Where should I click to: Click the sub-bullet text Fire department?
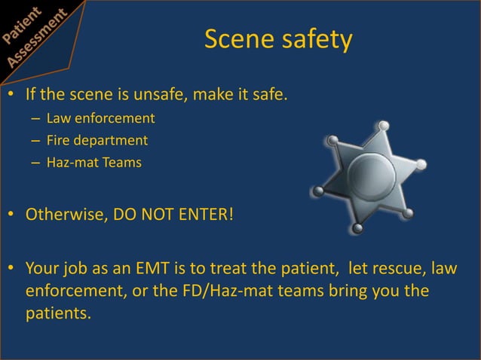tap(97, 139)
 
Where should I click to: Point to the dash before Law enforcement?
tap(35, 119)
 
